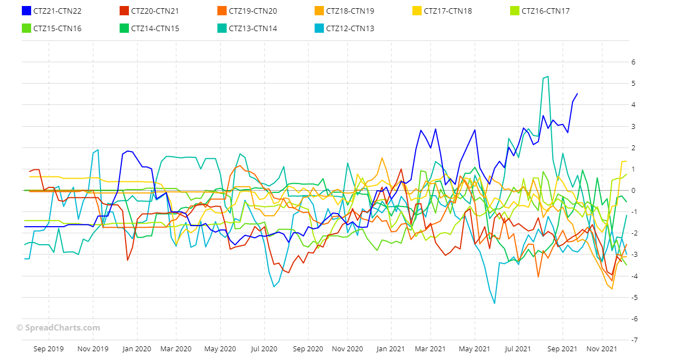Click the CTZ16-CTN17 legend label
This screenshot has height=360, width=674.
click(546, 11)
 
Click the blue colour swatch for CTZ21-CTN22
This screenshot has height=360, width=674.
click(26, 11)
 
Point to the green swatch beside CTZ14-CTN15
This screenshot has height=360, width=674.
click(124, 28)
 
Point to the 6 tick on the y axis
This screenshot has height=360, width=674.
click(633, 62)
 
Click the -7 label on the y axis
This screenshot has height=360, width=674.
click(634, 340)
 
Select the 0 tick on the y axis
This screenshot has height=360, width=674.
click(633, 191)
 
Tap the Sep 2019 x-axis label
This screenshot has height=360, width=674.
click(49, 349)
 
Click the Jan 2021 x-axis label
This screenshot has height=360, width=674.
click(390, 349)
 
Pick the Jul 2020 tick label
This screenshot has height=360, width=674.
click(264, 349)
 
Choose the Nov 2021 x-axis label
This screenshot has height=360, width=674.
click(601, 349)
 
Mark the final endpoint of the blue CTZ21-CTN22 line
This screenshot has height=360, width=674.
click(577, 94)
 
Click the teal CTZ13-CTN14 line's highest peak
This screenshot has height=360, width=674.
click(547, 77)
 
